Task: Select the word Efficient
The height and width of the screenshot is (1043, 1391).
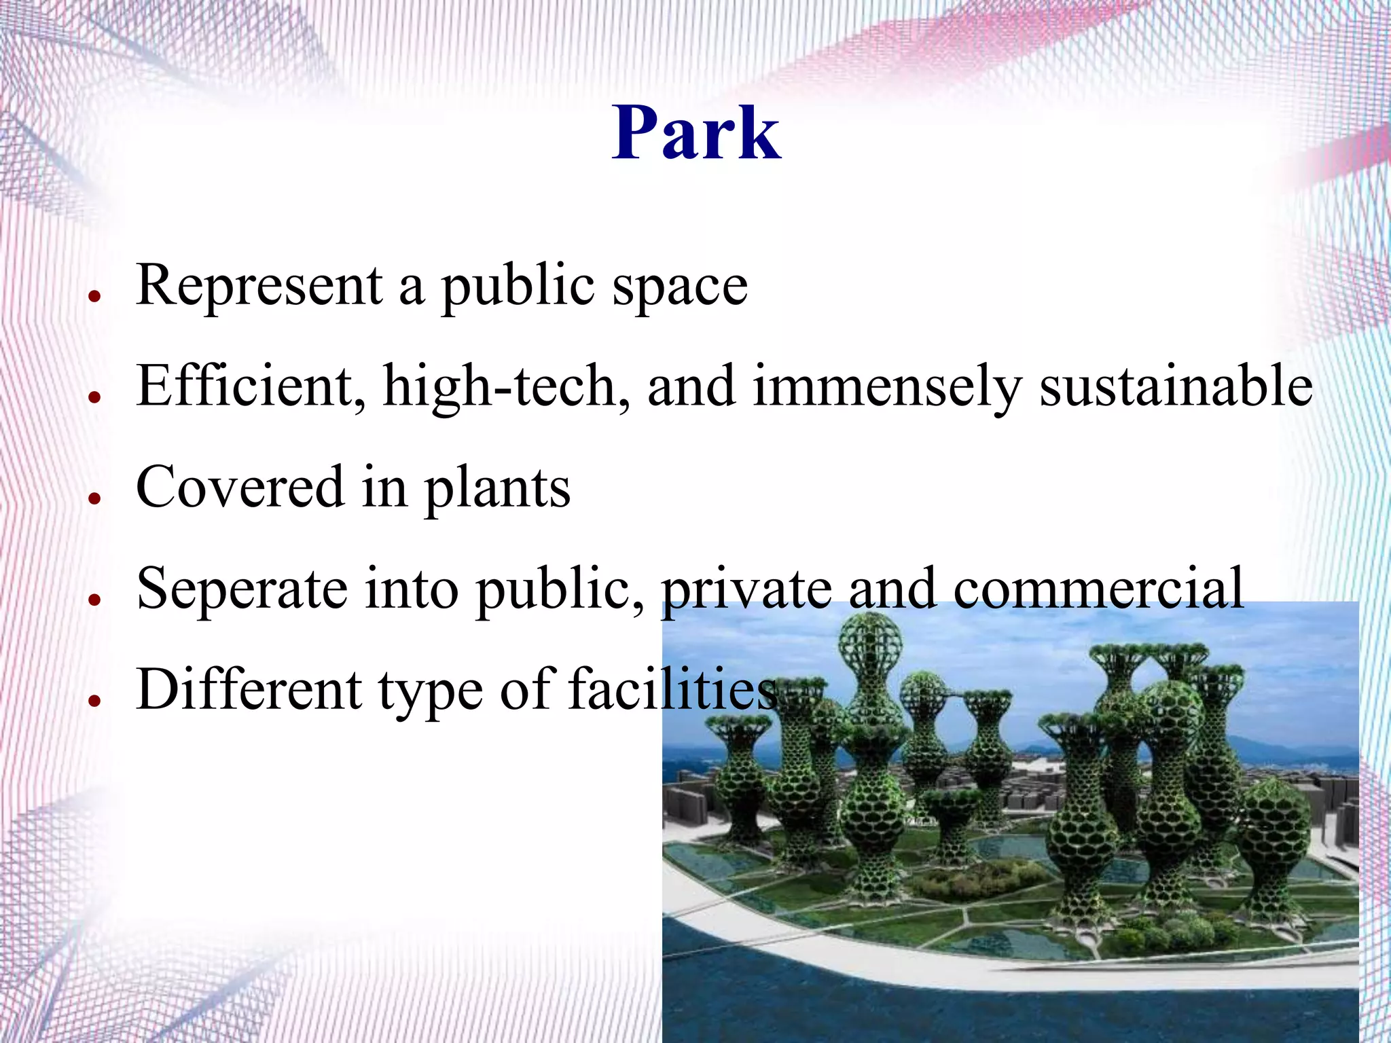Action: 245,386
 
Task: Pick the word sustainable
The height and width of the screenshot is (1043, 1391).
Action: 1176,386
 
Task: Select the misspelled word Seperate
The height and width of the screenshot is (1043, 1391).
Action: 242,588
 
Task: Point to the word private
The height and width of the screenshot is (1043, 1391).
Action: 746,588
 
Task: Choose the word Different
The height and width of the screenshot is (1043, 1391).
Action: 249,689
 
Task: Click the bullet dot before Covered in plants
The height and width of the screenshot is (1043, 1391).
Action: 95,498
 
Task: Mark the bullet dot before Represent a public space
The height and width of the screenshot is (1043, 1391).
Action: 95,296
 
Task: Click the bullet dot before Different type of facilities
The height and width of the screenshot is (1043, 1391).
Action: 95,700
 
